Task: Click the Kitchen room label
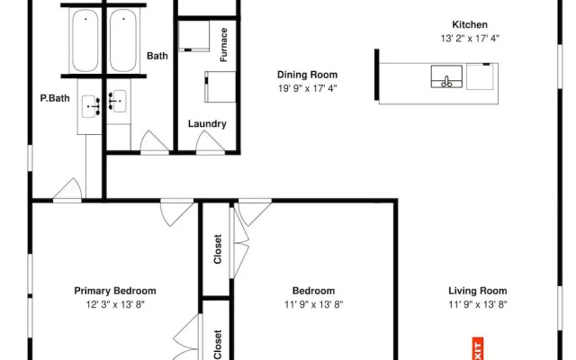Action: point(470,24)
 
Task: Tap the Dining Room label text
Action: point(307,75)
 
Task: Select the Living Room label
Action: point(478,291)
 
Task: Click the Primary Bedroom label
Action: point(115,291)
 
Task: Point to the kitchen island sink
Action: point(446,76)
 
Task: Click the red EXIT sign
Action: point(477,348)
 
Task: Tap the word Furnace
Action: point(224,45)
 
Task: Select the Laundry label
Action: point(207,124)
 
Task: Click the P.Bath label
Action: point(55,98)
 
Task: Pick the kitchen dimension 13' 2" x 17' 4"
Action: point(470,38)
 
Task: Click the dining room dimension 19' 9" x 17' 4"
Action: point(307,88)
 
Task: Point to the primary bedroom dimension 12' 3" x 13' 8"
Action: point(115,304)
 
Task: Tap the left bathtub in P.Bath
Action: point(85,40)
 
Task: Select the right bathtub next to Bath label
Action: point(123,40)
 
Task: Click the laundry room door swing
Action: point(209,141)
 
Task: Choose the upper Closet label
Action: point(218,249)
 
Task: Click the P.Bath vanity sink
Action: point(90,106)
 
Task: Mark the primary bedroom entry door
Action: point(176,213)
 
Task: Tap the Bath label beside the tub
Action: point(157,56)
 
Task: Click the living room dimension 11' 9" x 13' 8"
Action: point(478,304)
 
